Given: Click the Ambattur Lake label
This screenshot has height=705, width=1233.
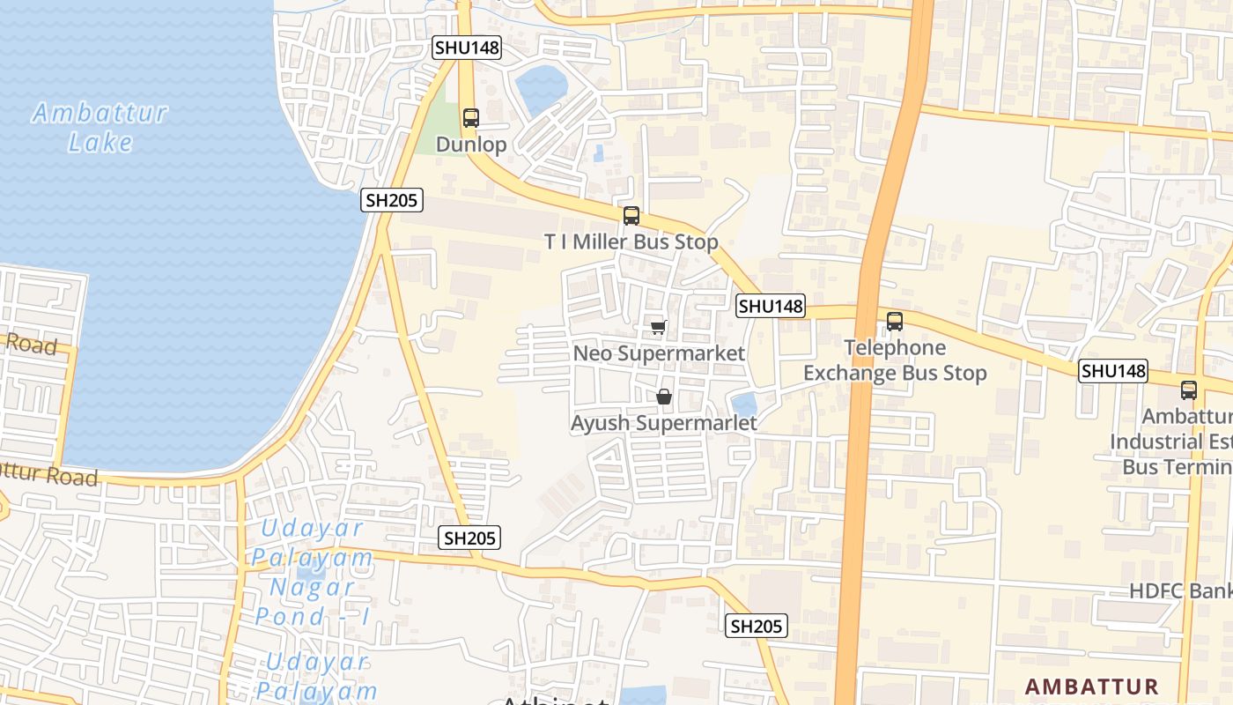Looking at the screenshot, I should pyautogui.click(x=100, y=128).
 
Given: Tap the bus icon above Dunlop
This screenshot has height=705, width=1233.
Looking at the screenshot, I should pyautogui.click(x=471, y=117).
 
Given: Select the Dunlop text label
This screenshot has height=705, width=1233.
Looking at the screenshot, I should pyautogui.click(x=471, y=145).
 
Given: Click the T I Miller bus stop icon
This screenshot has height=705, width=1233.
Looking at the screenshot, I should pyautogui.click(x=631, y=216).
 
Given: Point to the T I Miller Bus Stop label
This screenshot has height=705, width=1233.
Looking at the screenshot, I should pyautogui.click(x=631, y=241).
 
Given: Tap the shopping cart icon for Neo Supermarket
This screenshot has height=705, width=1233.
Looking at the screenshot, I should pyautogui.click(x=658, y=328).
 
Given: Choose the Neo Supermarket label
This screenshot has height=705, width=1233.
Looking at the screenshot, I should pyautogui.click(x=659, y=353).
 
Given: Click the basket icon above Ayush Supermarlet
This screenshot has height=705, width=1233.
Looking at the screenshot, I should pyautogui.click(x=664, y=397).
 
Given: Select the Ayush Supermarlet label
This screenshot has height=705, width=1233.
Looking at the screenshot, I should pyautogui.click(x=663, y=423).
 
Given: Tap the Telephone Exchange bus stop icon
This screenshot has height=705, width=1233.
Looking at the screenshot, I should pyautogui.click(x=895, y=322).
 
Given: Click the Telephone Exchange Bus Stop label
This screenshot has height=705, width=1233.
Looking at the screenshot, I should pyautogui.click(x=895, y=360).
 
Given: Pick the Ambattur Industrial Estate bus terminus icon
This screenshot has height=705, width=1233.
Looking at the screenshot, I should pyautogui.click(x=1189, y=390).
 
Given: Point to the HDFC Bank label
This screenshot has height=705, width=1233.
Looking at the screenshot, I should pyautogui.click(x=1181, y=590).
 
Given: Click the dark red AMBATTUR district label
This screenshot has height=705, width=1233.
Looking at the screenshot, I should pyautogui.click(x=1091, y=686).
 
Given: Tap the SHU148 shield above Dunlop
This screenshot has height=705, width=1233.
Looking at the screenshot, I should pyautogui.click(x=467, y=48).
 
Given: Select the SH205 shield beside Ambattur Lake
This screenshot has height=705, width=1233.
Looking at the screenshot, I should pyautogui.click(x=392, y=201).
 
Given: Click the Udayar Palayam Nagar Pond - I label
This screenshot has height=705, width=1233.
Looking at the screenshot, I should pyautogui.click(x=313, y=572).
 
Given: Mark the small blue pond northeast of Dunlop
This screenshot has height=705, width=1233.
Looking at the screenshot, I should pyautogui.click(x=541, y=89).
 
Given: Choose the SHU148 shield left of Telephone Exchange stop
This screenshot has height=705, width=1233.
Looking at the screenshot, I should pyautogui.click(x=771, y=306).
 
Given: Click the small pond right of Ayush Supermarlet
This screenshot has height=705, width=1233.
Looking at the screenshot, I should pyautogui.click(x=744, y=405).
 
